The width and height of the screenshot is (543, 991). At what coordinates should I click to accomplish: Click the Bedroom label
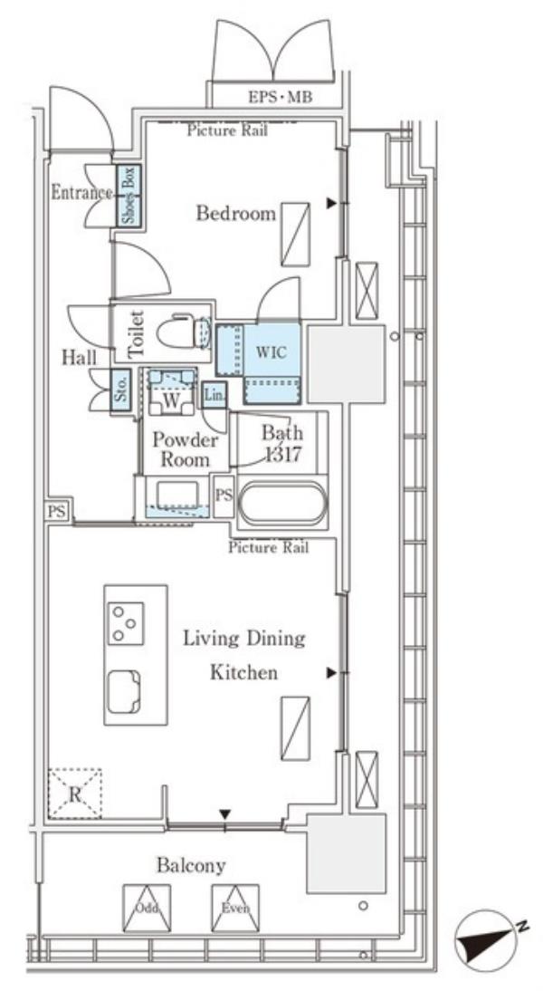tap(235, 213)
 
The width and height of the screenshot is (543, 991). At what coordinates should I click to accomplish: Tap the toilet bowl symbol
tap(184, 331)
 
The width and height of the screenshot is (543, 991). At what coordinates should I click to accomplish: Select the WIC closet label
tap(271, 351)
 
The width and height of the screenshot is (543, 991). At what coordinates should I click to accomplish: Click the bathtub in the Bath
tap(283, 503)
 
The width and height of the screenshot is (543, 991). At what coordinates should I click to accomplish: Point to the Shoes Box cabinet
tap(129, 195)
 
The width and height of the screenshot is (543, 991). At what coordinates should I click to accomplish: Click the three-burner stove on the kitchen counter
tap(126, 623)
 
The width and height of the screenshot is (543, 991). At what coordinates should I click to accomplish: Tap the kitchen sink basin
tap(124, 692)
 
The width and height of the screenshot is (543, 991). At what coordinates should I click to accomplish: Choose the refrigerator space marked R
tap(75, 794)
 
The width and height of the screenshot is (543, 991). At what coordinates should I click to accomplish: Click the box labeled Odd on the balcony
tap(147, 908)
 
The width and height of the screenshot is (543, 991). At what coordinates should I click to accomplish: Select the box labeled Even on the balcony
tap(235, 908)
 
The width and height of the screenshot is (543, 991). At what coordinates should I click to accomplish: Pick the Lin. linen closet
tap(214, 395)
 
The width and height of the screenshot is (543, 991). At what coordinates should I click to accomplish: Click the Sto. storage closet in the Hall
tap(121, 390)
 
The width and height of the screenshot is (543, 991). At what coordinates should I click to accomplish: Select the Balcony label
tap(191, 864)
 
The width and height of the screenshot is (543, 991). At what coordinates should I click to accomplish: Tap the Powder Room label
tap(185, 449)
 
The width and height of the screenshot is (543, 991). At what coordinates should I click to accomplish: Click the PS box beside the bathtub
tap(224, 495)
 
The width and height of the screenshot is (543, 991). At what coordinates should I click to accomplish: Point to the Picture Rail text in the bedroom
tap(227, 130)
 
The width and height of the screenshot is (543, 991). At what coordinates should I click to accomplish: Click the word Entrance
tap(81, 192)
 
